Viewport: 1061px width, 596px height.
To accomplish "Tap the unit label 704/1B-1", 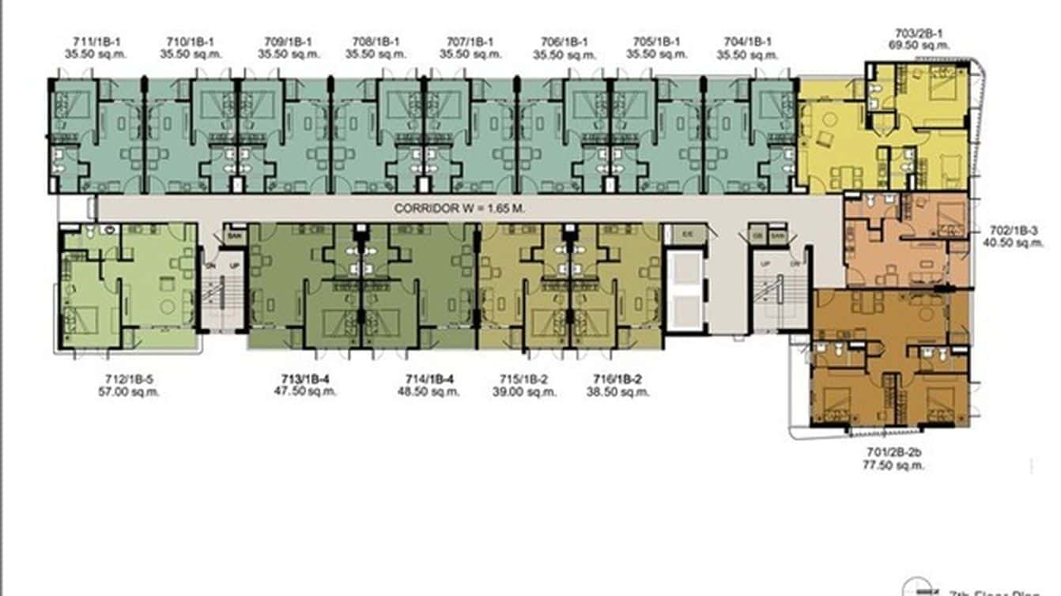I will coord(747,42).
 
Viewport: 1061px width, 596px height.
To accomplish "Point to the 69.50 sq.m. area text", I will coord(917,47).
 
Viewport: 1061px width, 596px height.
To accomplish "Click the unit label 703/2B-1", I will coord(917,34).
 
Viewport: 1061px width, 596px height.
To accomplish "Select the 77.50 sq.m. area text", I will coord(893,466).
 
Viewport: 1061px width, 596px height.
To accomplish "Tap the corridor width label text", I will coord(459,209).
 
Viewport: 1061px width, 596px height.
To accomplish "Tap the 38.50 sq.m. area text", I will coord(621,391).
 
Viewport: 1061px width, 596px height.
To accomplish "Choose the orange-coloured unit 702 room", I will coord(905,241).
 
